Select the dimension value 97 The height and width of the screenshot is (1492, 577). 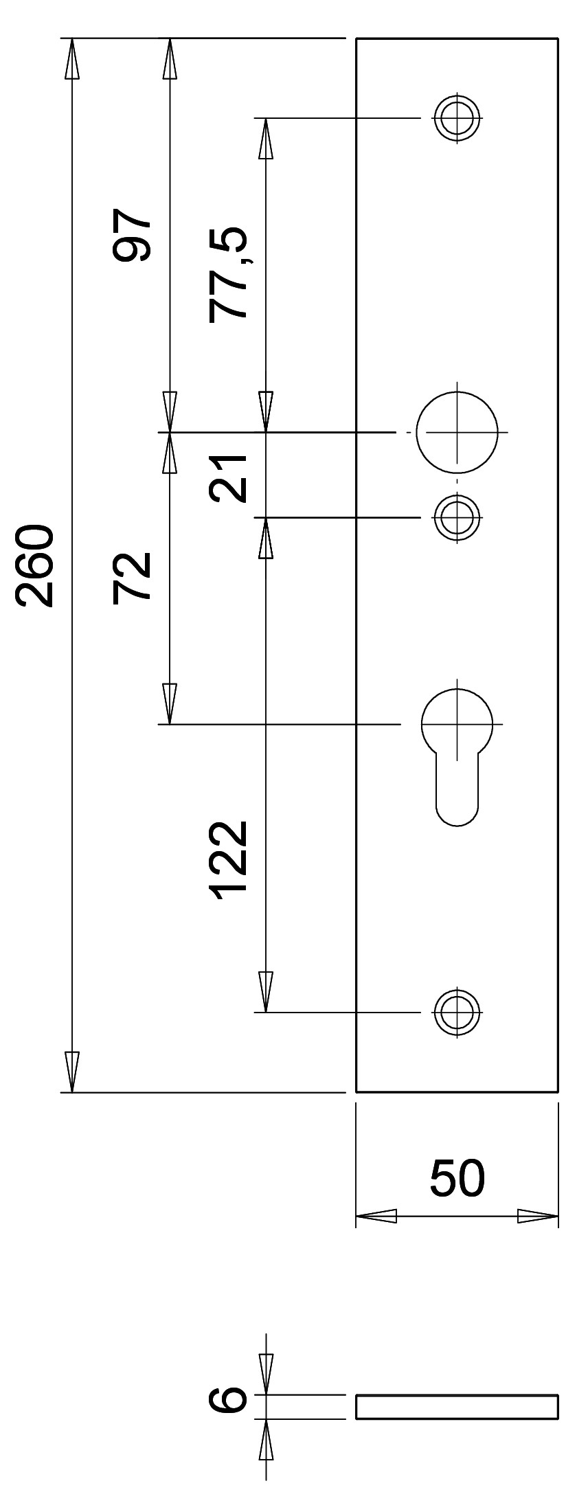131,236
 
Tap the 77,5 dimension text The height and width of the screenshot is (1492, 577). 228,273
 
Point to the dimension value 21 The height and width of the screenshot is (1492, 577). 229,477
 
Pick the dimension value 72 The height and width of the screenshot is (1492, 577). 131,576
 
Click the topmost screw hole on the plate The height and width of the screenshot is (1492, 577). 457,118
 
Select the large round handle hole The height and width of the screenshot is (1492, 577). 457,432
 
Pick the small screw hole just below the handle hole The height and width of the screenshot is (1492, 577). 457,517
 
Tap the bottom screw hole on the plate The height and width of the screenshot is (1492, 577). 457,1012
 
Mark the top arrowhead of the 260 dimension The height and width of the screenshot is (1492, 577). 71,58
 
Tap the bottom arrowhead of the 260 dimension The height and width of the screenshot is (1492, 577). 71,1071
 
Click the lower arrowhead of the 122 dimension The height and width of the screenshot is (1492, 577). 266,992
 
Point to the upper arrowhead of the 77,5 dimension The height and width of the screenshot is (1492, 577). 266,139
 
